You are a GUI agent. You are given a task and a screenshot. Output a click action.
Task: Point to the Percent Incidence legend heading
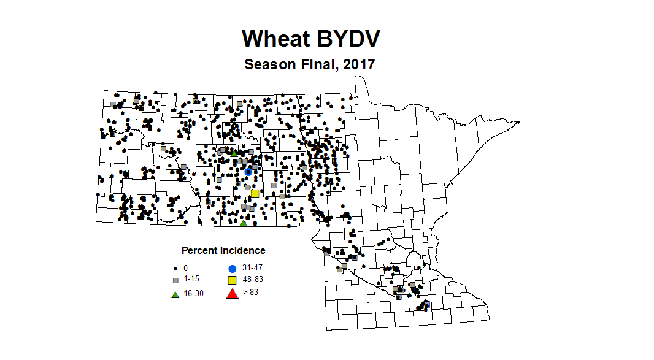coord(223,250)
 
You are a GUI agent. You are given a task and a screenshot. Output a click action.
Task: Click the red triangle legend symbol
coord(232,293)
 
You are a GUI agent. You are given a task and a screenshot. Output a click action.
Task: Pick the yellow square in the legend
coord(233,280)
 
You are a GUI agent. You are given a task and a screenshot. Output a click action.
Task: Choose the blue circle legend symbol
coord(233,269)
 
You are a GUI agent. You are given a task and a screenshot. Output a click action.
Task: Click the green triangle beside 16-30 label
coord(175,294)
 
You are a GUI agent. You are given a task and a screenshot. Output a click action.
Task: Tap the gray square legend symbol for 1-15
coord(175,280)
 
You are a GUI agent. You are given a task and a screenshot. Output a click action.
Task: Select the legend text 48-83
coord(253,280)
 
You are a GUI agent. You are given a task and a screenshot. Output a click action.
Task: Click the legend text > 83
coord(250,293)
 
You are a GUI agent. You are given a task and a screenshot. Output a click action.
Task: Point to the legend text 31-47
coord(253,268)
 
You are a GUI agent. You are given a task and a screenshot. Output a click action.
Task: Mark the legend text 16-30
coord(193,294)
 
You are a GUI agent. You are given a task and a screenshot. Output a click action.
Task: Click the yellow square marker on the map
coord(255,193)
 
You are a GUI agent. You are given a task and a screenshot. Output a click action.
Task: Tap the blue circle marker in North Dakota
coord(248,172)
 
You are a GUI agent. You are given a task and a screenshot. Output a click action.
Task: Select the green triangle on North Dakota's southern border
coord(243,223)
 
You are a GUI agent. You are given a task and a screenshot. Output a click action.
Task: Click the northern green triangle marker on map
coord(234,153)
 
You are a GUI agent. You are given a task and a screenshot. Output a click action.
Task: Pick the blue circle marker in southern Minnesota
coord(426,304)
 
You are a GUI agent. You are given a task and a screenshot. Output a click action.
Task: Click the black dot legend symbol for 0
coord(175,269)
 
